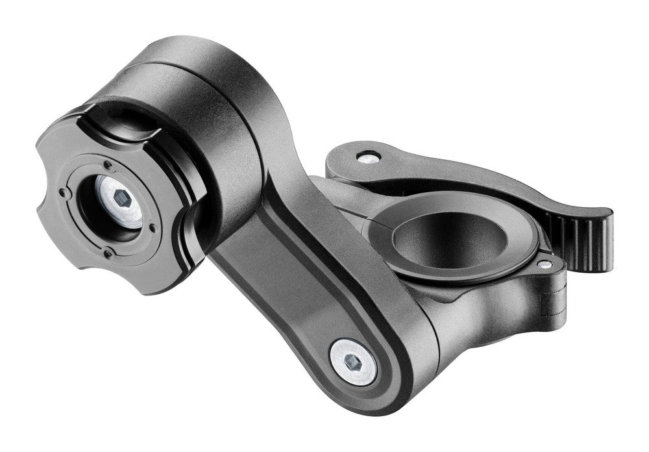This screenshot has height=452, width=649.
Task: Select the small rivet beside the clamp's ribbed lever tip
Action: [x=543, y=264]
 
